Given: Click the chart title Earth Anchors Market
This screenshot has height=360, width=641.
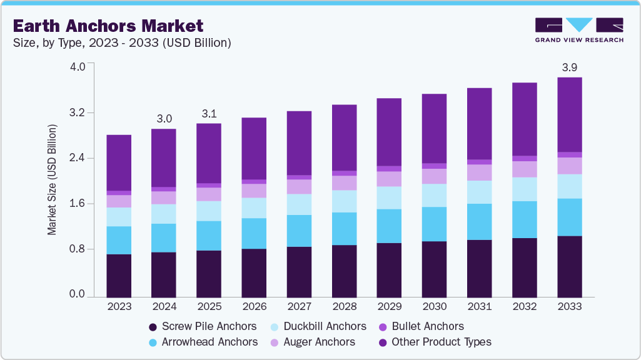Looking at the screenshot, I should point(108,26).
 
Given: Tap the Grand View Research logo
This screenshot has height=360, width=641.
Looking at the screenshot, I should point(579,30).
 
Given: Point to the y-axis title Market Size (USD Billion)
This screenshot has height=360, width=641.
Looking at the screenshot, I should point(53,180).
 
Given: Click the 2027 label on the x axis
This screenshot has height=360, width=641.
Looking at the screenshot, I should point(299,307).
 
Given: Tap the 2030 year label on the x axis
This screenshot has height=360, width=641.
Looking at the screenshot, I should point(434,307).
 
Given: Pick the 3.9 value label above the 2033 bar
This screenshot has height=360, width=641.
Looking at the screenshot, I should point(569,67).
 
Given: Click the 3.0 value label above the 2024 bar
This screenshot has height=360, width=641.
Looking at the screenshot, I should point(164,118).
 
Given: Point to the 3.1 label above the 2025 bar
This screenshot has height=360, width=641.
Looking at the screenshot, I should point(209,113).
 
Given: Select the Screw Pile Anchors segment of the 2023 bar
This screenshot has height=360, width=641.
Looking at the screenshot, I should point(119,275).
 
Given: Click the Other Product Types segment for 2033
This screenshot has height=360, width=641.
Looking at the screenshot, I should point(569,114).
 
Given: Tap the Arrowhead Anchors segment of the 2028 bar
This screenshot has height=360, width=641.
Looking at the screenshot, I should point(344,229).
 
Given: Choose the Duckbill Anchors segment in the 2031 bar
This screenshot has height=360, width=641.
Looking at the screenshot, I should point(479,192).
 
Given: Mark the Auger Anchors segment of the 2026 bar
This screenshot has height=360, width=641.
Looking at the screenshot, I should point(254,191).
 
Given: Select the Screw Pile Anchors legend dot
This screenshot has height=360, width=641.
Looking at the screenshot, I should point(152,327).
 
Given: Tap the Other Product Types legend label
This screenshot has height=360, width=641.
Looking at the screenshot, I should point(441,342).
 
